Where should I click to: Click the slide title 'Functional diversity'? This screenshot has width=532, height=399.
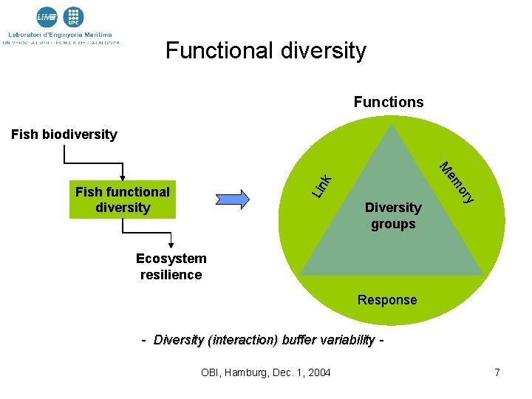(x=265, y=50)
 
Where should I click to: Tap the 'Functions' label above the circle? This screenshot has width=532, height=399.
(x=389, y=102)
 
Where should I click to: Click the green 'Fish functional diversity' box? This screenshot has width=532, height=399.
(x=123, y=199)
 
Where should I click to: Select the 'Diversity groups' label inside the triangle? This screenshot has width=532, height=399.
(x=393, y=216)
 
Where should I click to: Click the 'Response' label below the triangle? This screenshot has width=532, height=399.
(x=387, y=300)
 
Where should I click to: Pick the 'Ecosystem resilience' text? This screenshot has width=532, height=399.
(x=171, y=267)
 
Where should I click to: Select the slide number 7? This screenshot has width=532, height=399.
(x=497, y=372)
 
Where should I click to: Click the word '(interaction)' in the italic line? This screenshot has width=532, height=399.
(x=244, y=340)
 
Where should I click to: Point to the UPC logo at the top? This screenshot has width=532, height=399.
(x=73, y=17)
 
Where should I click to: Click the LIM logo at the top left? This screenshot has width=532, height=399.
(x=47, y=17)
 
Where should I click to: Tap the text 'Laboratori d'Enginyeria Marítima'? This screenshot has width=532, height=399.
(x=61, y=34)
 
